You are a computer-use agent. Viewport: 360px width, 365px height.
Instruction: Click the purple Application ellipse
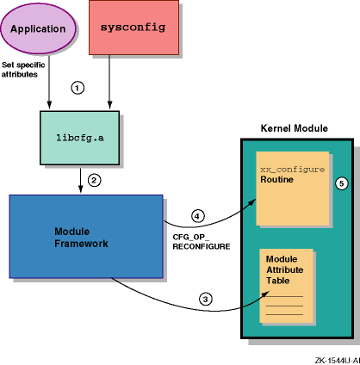(x=39, y=28)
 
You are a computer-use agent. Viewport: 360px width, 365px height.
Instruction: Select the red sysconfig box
(x=133, y=28)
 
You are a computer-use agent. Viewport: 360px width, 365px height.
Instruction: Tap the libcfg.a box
(x=79, y=138)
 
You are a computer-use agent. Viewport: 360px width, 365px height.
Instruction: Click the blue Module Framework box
(x=86, y=237)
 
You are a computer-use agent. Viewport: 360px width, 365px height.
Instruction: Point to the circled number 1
(x=78, y=88)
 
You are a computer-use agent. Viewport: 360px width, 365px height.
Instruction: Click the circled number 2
(x=94, y=180)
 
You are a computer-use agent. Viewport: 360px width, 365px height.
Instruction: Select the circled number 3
(x=206, y=300)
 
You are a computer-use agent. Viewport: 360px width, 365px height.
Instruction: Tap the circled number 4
(x=197, y=216)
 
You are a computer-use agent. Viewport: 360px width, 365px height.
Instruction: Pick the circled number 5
(x=342, y=183)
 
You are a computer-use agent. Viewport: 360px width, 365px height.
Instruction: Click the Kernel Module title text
(x=295, y=128)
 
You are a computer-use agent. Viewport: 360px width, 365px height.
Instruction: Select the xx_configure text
(x=293, y=170)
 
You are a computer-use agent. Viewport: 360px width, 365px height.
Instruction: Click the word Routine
(x=276, y=180)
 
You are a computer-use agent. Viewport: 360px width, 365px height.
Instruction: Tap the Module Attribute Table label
(x=284, y=269)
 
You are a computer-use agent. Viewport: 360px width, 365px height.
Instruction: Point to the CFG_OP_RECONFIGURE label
(x=202, y=242)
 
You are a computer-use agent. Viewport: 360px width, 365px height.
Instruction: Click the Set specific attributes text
(x=23, y=70)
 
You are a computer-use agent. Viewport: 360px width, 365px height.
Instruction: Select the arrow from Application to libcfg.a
(x=49, y=82)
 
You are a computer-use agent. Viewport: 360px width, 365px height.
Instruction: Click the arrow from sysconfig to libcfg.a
(x=109, y=82)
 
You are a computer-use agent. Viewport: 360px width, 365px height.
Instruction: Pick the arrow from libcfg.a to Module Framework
(x=81, y=181)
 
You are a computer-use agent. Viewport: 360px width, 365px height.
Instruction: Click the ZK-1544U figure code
(x=338, y=361)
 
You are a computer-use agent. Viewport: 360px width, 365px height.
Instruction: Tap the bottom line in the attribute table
(x=284, y=314)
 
